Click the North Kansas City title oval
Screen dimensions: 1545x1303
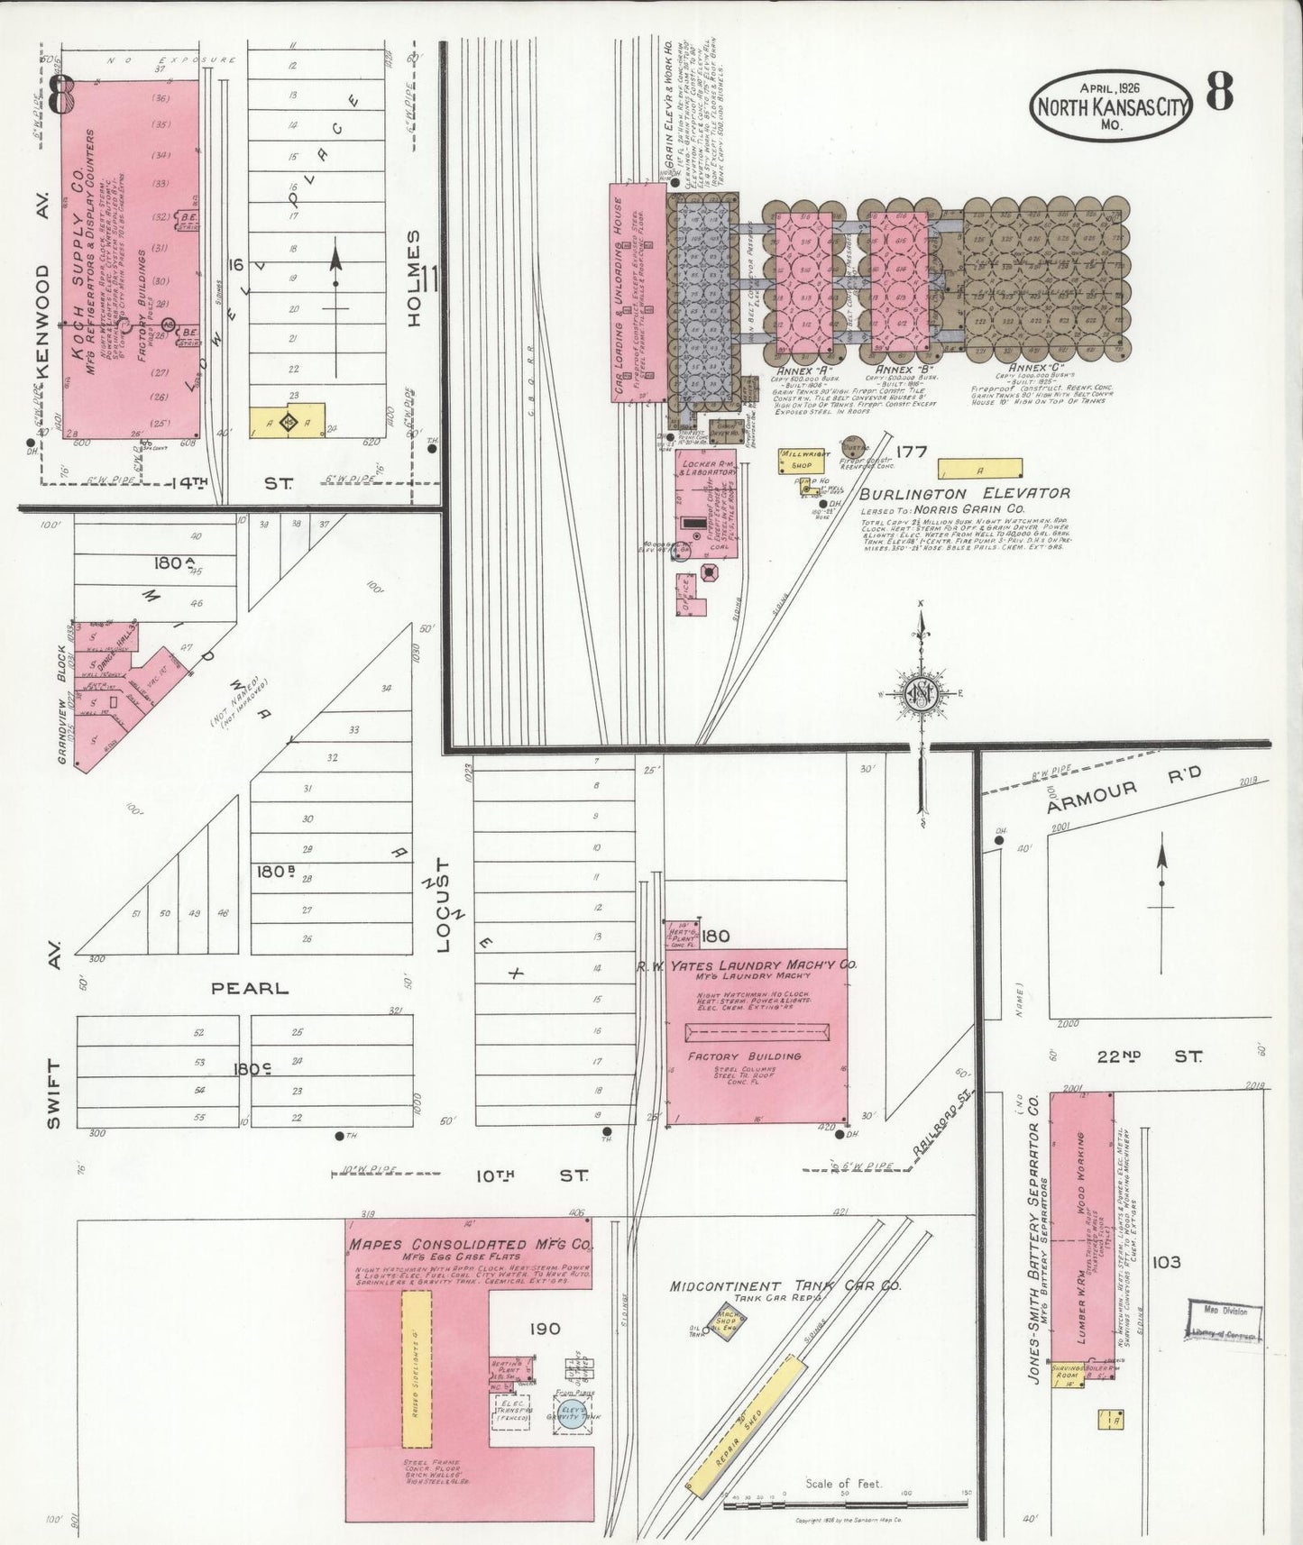click(x=1112, y=105)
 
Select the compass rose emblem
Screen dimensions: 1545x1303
click(x=922, y=692)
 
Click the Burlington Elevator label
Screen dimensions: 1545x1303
click(x=964, y=494)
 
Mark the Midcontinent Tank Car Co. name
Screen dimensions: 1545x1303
click(x=785, y=1286)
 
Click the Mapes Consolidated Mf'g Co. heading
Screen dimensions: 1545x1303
click(x=470, y=1246)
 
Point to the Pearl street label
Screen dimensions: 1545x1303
click(x=250, y=988)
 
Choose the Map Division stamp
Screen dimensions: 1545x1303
click(x=1225, y=1321)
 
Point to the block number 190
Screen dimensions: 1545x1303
click(x=545, y=1328)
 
